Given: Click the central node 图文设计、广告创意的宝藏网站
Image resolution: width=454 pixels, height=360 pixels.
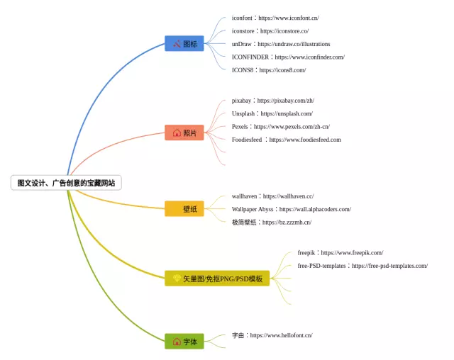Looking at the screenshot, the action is tap(66, 183).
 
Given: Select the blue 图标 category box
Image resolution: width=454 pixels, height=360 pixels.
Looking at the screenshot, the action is tap(184, 43).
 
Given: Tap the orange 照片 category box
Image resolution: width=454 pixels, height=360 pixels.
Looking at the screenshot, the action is tap(184, 133).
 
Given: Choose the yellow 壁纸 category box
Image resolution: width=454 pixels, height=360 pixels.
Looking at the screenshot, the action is tap(184, 208).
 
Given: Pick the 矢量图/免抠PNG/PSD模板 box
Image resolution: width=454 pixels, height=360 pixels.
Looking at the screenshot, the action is tap(217, 279).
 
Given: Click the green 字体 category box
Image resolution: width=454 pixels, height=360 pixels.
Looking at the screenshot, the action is tap(184, 341).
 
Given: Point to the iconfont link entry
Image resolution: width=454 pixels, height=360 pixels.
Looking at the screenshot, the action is tap(275, 18).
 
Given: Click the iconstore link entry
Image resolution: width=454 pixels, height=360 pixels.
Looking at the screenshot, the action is tap(270, 31).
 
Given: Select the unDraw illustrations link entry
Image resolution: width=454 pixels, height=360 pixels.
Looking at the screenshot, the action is tap(281, 44).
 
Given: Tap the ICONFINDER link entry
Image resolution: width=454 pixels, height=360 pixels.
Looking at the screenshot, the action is tap(288, 57).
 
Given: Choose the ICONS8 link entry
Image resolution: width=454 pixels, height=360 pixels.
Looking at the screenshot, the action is tap(269, 70).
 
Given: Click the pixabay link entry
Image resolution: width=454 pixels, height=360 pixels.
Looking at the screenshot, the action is tap(272, 101).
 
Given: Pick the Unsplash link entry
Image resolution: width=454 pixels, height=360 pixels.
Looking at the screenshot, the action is tap(272, 113).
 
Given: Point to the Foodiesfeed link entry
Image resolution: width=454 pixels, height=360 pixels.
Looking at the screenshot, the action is tap(287, 140).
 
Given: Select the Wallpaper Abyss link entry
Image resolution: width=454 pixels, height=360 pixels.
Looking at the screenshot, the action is tap(292, 209).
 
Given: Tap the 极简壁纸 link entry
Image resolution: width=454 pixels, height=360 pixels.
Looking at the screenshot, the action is tap(272, 222).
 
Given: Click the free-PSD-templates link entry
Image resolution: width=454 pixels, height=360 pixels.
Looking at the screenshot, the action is tap(362, 266).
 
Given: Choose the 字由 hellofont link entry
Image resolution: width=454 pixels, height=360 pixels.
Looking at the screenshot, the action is tap(272, 335).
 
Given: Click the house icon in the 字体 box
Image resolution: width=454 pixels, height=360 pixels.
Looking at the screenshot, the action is tap(177, 341).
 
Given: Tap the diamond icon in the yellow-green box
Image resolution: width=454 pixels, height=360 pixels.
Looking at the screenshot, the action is tap(177, 279).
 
